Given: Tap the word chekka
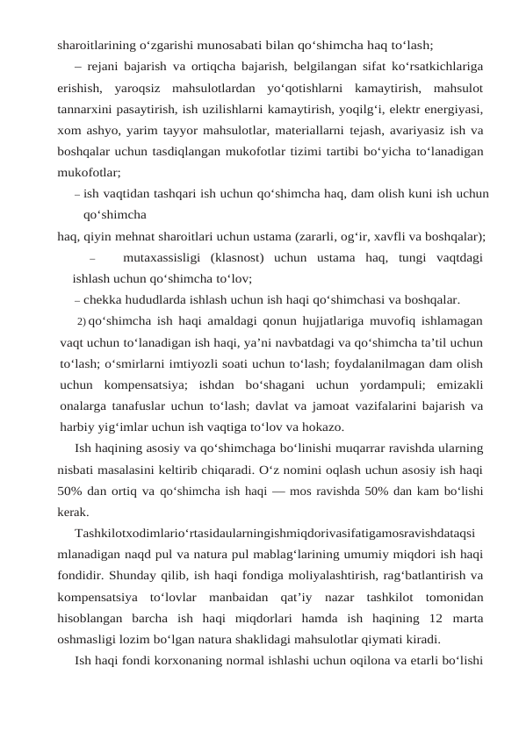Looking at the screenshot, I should (x=105, y=299).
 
